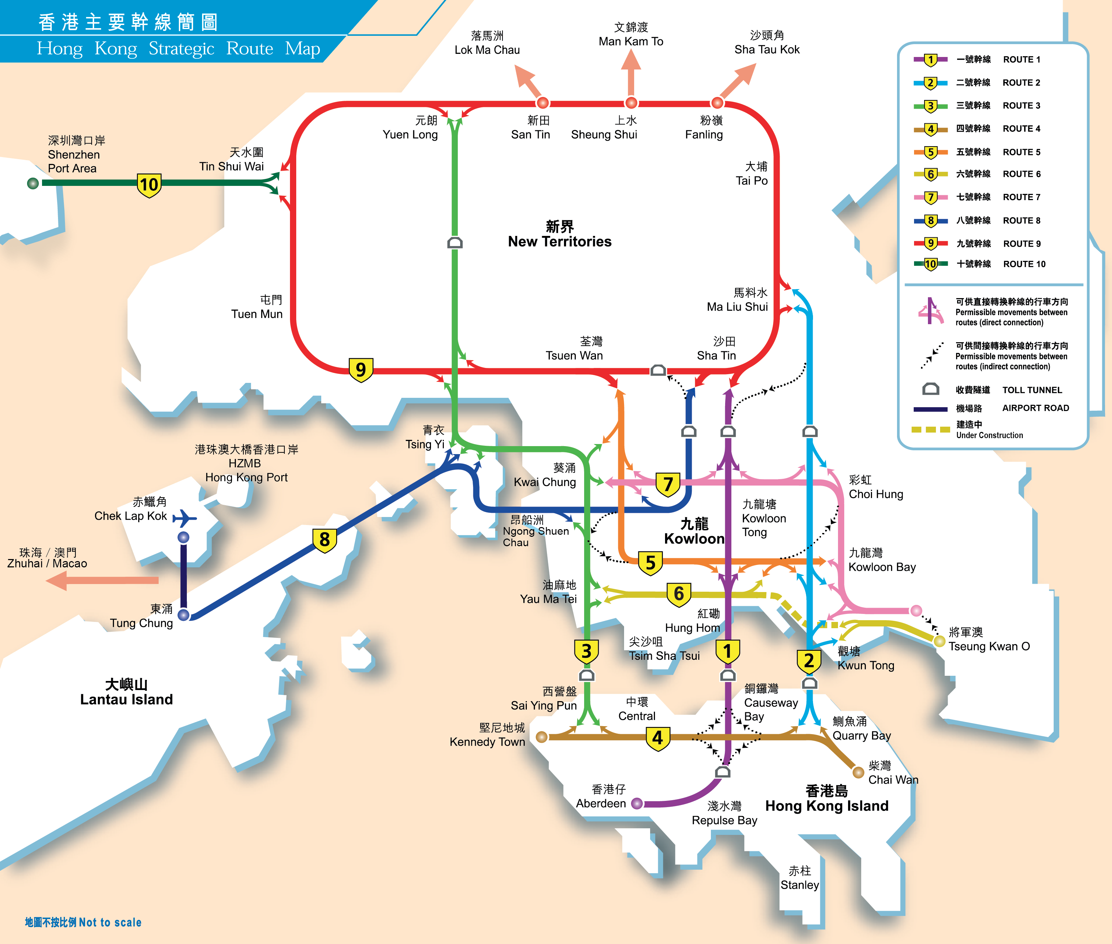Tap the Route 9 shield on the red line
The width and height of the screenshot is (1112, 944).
tap(360, 370)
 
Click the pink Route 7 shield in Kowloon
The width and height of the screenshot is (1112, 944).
tap(667, 485)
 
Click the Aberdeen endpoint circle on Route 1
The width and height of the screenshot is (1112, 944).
tap(637, 803)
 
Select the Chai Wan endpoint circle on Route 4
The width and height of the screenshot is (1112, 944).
tap(858, 772)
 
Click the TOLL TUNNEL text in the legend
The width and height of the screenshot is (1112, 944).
tap(1032, 390)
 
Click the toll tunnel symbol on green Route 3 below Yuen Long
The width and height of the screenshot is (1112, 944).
tap(455, 243)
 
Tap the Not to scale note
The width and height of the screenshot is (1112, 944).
tap(83, 922)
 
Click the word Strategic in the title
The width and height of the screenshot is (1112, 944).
tap(181, 49)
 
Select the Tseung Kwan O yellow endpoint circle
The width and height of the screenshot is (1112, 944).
tap(939, 641)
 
